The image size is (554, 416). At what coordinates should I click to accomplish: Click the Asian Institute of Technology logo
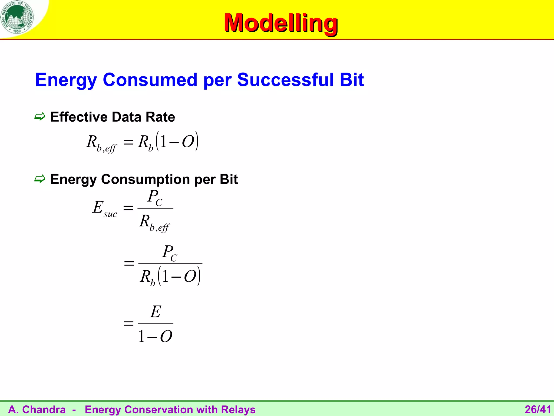pos(17,17)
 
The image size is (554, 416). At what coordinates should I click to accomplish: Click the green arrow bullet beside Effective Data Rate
pos(40,117)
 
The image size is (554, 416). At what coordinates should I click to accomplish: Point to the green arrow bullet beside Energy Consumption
pos(40,179)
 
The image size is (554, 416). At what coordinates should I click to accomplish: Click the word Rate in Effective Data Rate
pos(160,117)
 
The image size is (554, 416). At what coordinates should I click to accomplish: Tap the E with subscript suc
pos(104,208)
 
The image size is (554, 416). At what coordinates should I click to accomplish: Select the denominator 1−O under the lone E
pos(155,337)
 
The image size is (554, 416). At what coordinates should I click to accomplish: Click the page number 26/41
pos(538,409)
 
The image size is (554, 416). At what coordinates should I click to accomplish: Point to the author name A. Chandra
pos(37,409)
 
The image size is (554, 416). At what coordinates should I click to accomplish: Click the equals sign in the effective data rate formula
pos(128,142)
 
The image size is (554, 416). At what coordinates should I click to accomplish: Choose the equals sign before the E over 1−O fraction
pos(128,323)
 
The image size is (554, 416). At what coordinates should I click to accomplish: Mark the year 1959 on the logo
pos(17,31)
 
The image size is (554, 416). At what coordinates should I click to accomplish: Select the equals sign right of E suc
pos(128,208)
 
